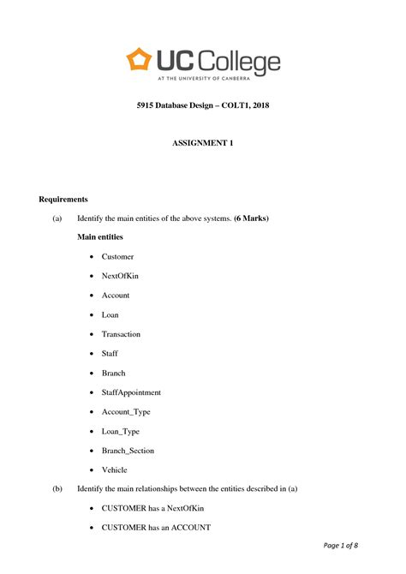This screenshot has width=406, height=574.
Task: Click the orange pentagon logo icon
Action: click(x=138, y=59)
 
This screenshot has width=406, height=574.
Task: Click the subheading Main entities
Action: click(x=100, y=236)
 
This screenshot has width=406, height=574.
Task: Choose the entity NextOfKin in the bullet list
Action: click(x=120, y=276)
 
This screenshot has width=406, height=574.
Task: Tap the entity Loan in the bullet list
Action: click(x=110, y=314)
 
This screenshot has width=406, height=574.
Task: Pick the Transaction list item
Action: click(x=121, y=334)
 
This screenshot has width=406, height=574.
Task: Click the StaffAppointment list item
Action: click(x=131, y=392)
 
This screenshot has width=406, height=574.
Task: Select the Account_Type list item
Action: click(x=127, y=411)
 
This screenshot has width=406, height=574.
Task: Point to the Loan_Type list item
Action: click(x=122, y=431)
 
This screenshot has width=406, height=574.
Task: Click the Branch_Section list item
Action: click(x=128, y=450)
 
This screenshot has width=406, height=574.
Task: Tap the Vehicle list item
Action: click(x=114, y=469)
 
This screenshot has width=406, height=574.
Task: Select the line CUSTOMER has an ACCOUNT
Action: click(x=156, y=527)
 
